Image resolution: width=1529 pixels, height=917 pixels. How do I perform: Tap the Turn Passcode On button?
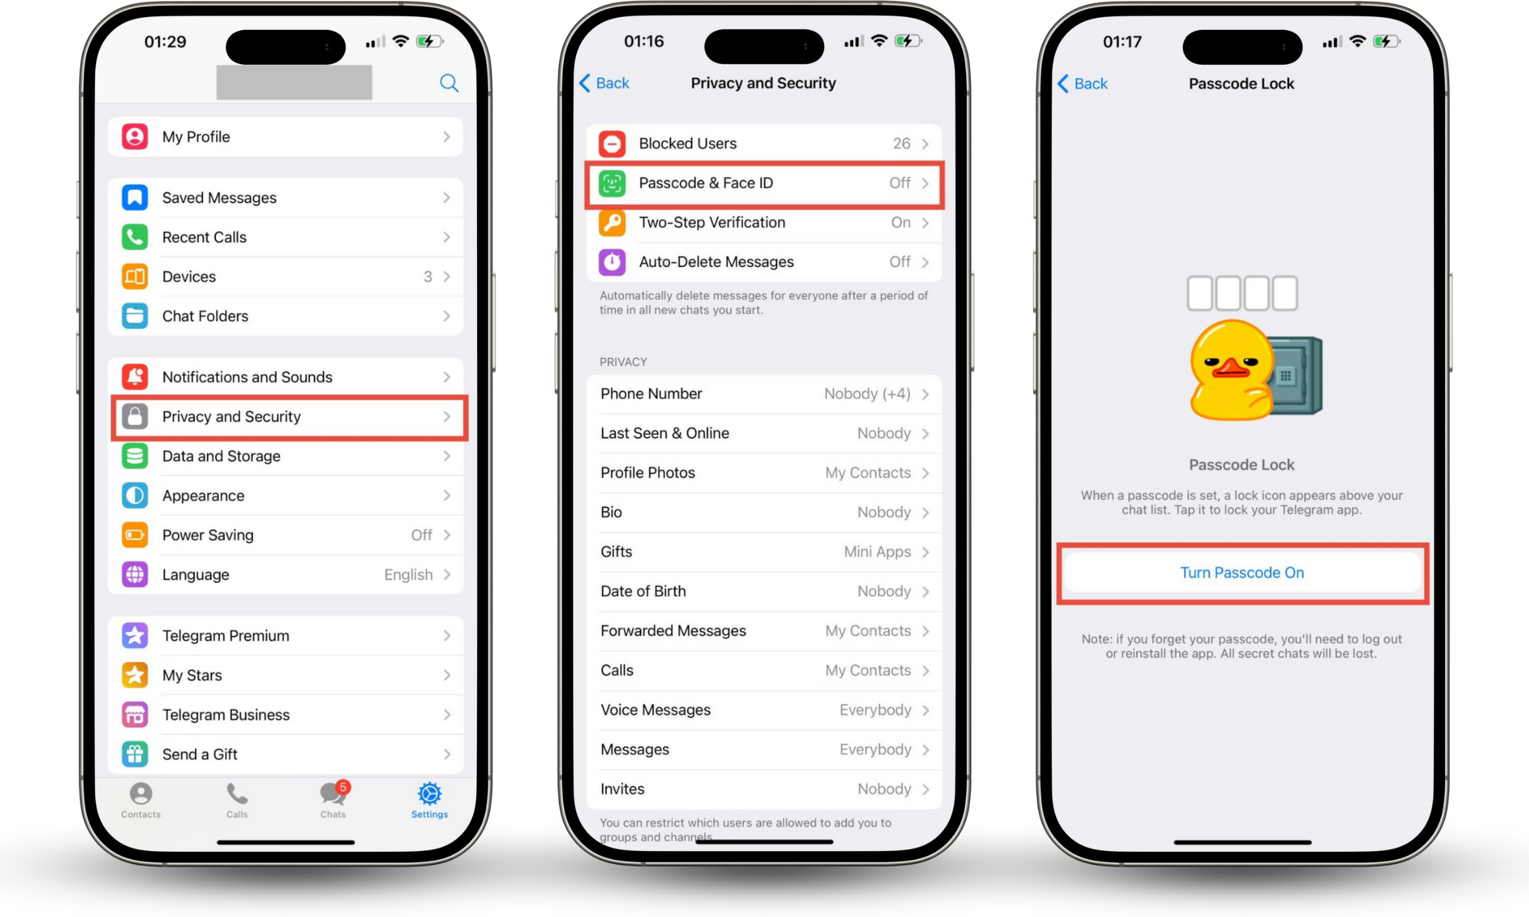click(x=1242, y=573)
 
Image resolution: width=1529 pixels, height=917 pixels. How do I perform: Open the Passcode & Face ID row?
click(x=764, y=183)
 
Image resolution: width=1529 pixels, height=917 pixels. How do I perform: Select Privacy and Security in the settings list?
click(x=286, y=416)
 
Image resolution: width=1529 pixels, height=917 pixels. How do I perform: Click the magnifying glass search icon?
click(x=450, y=83)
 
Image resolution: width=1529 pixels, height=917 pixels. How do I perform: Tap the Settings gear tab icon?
click(x=429, y=794)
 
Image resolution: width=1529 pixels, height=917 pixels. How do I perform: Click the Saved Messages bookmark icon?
click(x=135, y=197)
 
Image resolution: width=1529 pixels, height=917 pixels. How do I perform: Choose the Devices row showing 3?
click(x=286, y=277)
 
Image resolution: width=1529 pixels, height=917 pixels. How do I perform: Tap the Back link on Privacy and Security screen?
click(x=604, y=83)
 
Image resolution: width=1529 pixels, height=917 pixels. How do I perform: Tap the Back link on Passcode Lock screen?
click(x=1083, y=83)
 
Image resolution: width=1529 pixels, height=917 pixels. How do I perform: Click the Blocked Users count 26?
click(x=901, y=144)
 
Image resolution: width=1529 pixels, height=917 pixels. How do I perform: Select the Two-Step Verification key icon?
click(x=612, y=223)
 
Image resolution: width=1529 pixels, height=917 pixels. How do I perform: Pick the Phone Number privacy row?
click(x=764, y=394)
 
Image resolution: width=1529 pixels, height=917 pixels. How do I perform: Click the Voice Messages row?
click(x=764, y=710)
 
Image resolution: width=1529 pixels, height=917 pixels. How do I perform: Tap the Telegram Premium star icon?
click(x=135, y=636)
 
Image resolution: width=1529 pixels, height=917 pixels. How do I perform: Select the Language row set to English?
click(x=286, y=575)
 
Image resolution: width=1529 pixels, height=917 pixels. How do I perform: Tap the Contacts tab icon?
click(x=141, y=794)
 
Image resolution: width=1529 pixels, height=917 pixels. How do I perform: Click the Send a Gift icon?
click(x=135, y=754)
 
